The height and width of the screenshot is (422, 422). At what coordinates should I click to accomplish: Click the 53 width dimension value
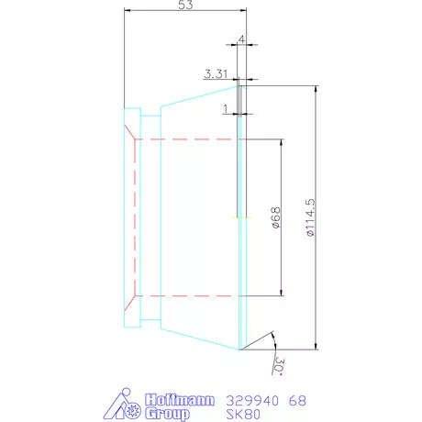(x=184, y=7)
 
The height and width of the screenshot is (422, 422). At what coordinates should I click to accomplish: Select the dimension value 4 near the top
(x=240, y=40)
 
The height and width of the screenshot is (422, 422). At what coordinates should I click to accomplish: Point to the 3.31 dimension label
(x=217, y=72)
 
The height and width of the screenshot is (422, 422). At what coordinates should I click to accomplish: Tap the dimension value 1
(x=226, y=109)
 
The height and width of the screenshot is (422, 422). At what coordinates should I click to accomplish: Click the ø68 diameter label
(x=274, y=217)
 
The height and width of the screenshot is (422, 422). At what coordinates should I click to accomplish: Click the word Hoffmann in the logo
(x=180, y=400)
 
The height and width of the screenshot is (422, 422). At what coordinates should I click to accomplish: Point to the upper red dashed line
(x=188, y=139)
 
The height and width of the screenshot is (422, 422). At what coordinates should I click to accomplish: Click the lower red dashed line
(x=188, y=296)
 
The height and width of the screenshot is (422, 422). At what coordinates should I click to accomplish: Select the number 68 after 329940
(x=298, y=401)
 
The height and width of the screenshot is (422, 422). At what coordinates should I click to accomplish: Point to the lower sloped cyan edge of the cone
(x=197, y=339)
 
